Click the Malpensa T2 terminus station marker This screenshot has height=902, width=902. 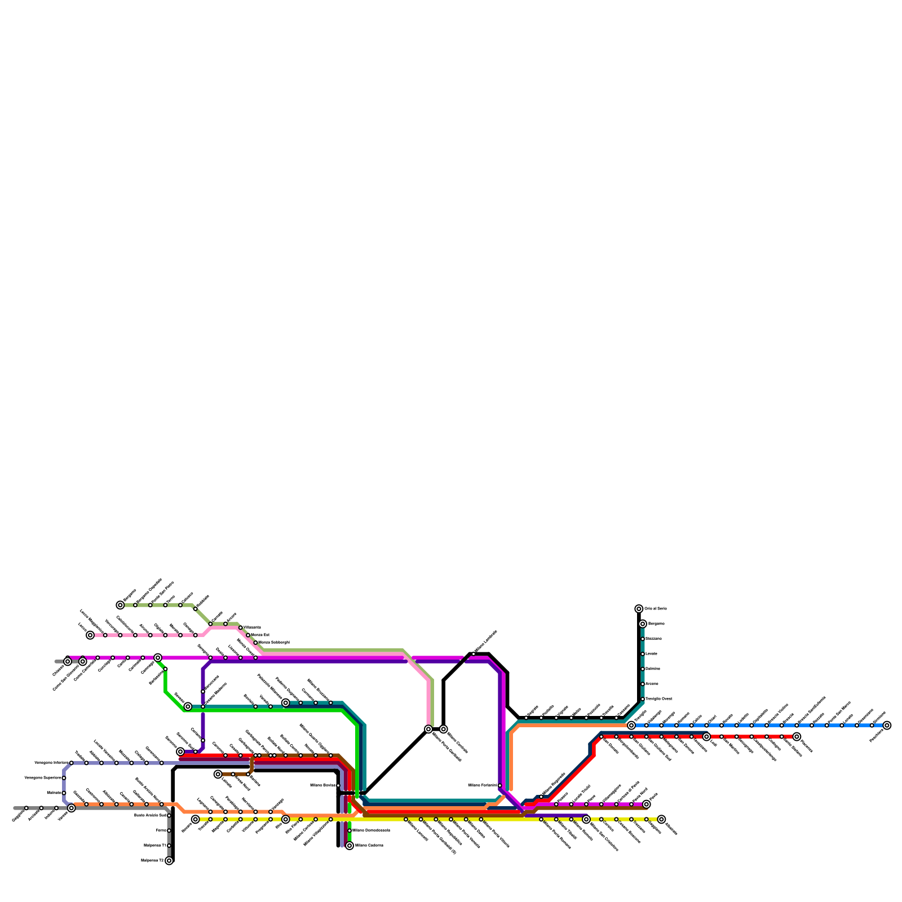pos(169,861)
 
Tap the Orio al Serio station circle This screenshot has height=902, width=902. pos(639,609)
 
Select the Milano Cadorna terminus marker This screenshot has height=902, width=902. pos(350,846)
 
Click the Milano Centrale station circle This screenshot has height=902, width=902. pos(444,729)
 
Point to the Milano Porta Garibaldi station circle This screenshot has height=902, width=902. pos(428,729)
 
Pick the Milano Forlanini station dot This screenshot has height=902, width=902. pos(500,785)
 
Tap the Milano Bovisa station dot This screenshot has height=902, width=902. pos(338,785)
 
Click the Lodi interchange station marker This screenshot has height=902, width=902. pos(706,737)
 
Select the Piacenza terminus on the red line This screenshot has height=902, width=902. pos(797,737)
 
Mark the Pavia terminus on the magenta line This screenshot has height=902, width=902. pos(647,804)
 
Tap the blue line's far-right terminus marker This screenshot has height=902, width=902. pos(887,726)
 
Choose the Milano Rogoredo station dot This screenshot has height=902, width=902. pos(541,797)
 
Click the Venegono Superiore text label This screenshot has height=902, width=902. pos(43,778)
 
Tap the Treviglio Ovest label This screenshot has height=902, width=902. pos(658,699)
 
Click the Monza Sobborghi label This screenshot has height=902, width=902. pos(273,643)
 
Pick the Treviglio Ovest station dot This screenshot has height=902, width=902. pos(643,699)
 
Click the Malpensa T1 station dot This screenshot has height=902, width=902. pos(169,846)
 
